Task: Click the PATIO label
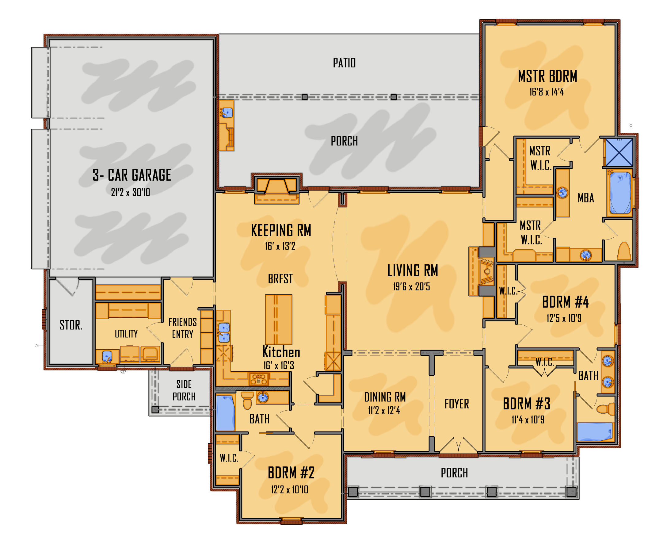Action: pyautogui.click(x=344, y=63)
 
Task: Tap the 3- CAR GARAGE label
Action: pyautogui.click(x=132, y=175)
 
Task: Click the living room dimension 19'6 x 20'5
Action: pyautogui.click(x=411, y=287)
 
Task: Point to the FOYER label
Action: pyautogui.click(x=457, y=404)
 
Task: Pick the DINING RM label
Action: pyautogui.click(x=385, y=397)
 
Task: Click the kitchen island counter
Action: pyautogui.click(x=279, y=319)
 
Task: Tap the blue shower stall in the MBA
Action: pyautogui.click(x=619, y=152)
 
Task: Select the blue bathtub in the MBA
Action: pyautogui.click(x=620, y=193)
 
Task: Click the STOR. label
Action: pyautogui.click(x=71, y=325)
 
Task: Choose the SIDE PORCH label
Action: pyautogui.click(x=184, y=391)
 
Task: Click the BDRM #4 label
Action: pyautogui.click(x=565, y=302)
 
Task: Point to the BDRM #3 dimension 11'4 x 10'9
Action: pyautogui.click(x=528, y=420)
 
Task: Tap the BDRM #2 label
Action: pyautogui.click(x=291, y=473)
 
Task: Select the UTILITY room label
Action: pyautogui.click(x=126, y=334)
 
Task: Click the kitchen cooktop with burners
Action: pyautogui.click(x=259, y=379)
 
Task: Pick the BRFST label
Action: pyautogui.click(x=280, y=279)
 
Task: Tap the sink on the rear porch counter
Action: pyautogui.click(x=227, y=112)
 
